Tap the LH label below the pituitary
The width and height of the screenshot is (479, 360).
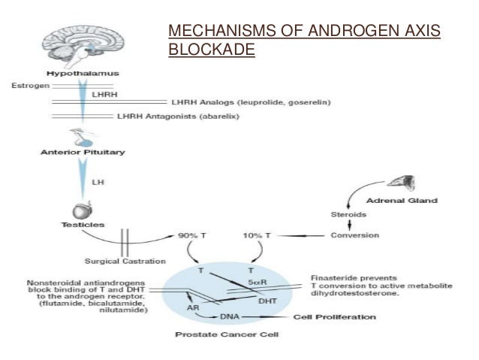coord(97,182)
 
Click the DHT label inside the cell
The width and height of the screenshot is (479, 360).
coord(268,301)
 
